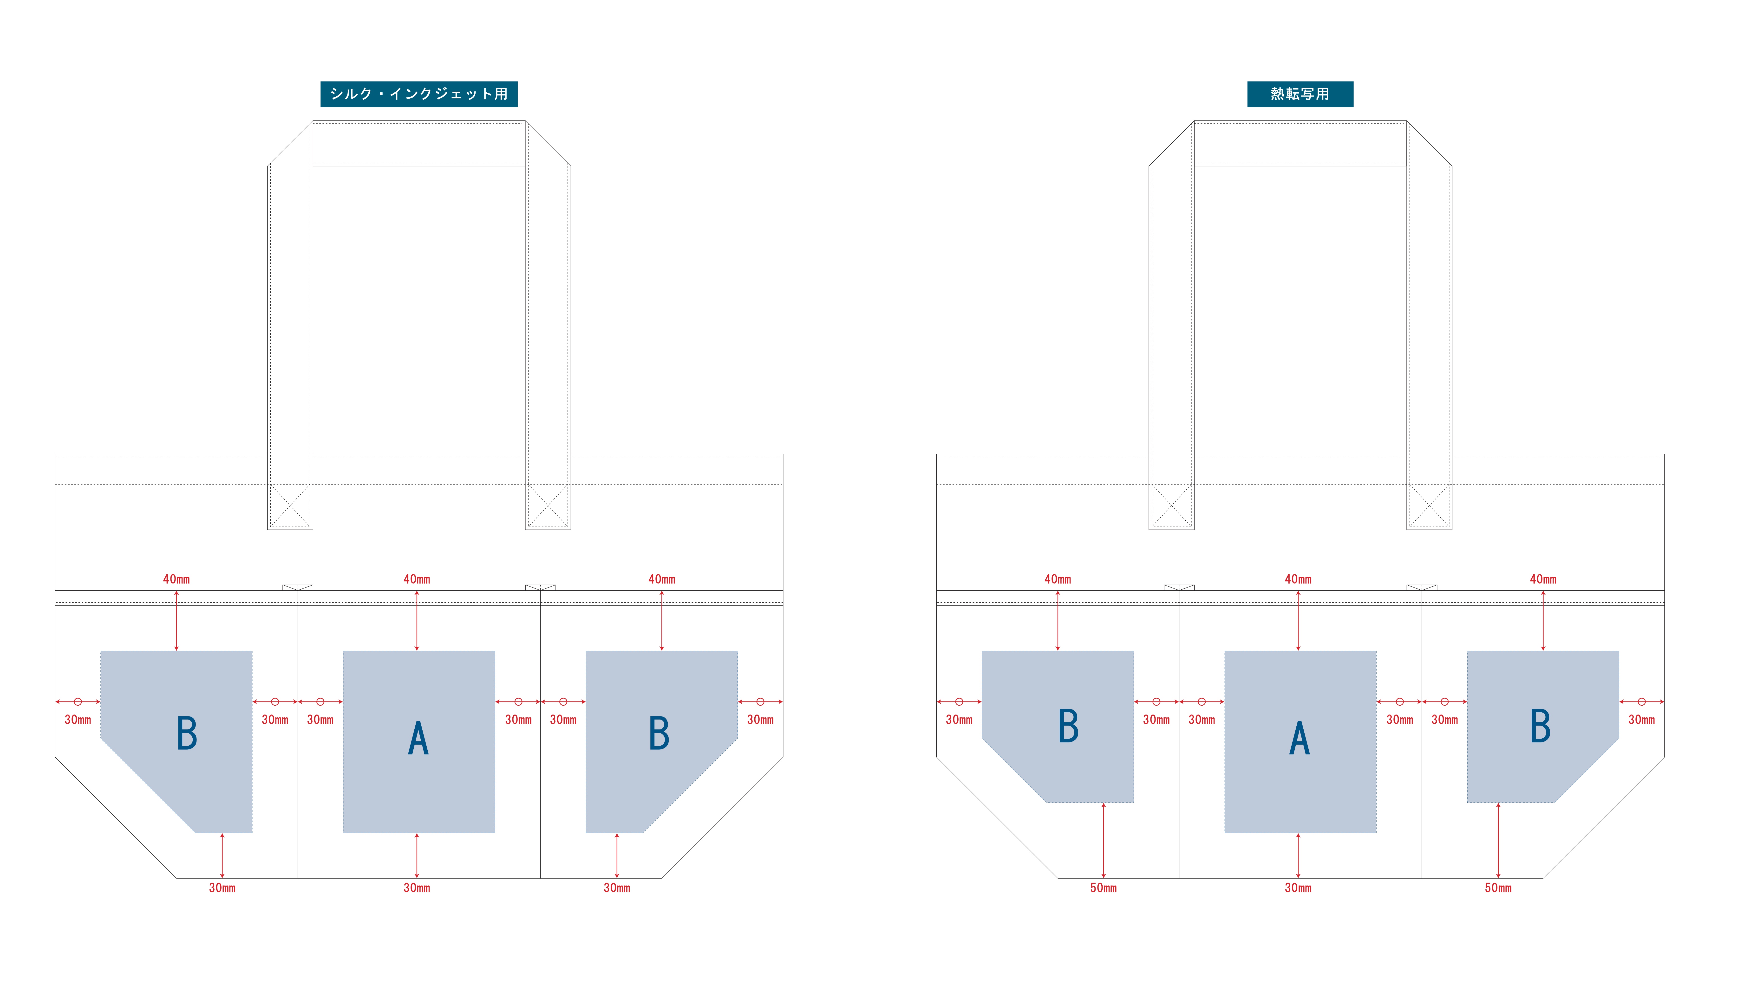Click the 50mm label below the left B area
(x=1103, y=888)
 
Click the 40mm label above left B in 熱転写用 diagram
(x=1058, y=579)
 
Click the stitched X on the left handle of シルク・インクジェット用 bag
(x=290, y=506)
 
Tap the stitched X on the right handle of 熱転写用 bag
(x=1429, y=506)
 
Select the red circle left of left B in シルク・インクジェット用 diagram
(x=78, y=702)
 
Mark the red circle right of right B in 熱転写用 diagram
(x=1641, y=702)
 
